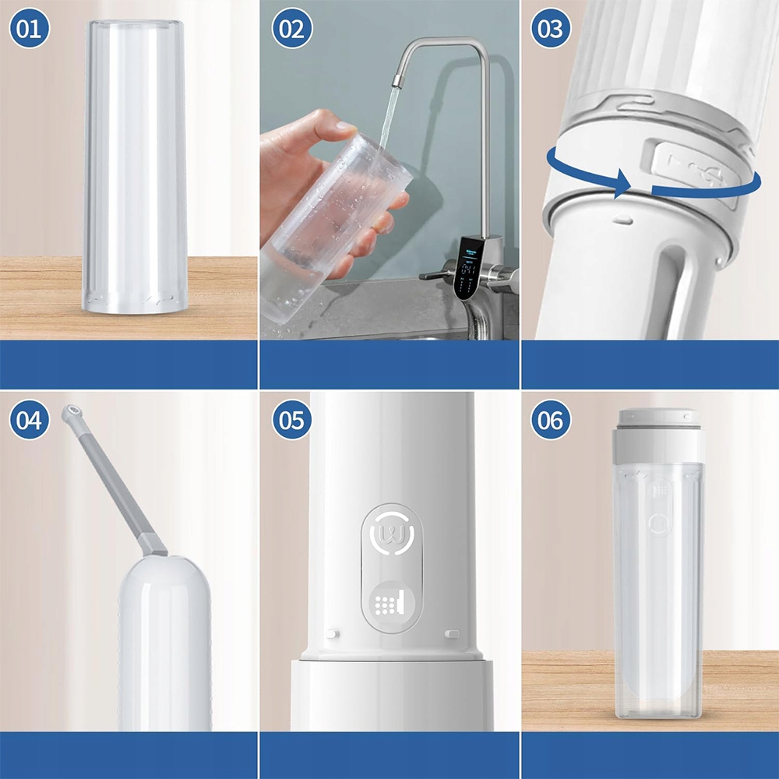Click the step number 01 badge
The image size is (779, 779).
point(30,28)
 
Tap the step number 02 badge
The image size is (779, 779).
point(292,28)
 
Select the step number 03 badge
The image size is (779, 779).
point(551,28)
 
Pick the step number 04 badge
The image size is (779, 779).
point(30,420)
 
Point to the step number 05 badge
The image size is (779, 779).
point(292,420)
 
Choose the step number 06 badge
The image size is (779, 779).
point(551,420)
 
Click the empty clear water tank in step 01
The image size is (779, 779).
point(135,167)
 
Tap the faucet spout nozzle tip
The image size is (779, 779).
point(397,81)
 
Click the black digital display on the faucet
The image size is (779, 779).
point(467,268)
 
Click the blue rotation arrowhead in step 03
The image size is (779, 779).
point(622,183)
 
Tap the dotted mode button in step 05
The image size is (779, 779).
point(391,605)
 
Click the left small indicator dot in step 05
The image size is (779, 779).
point(333,633)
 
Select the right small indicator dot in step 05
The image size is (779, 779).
point(452,633)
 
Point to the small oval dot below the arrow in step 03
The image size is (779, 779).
point(622,220)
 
